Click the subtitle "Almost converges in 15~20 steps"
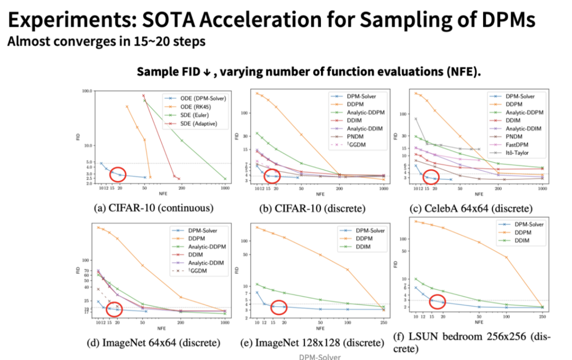point(106,41)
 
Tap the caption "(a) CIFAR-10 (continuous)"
point(153,208)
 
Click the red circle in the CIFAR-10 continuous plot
point(118,174)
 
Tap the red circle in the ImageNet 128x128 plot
point(279,307)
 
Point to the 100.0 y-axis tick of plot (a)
point(87,91)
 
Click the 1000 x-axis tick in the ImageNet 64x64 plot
point(225,322)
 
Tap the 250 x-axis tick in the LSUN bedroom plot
point(542,317)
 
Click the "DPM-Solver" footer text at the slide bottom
point(320,357)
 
